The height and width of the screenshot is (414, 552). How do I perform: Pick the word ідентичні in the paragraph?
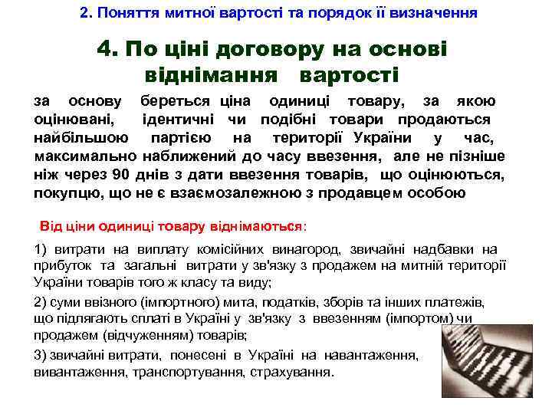(180, 120)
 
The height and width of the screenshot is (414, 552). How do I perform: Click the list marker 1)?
(42, 249)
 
